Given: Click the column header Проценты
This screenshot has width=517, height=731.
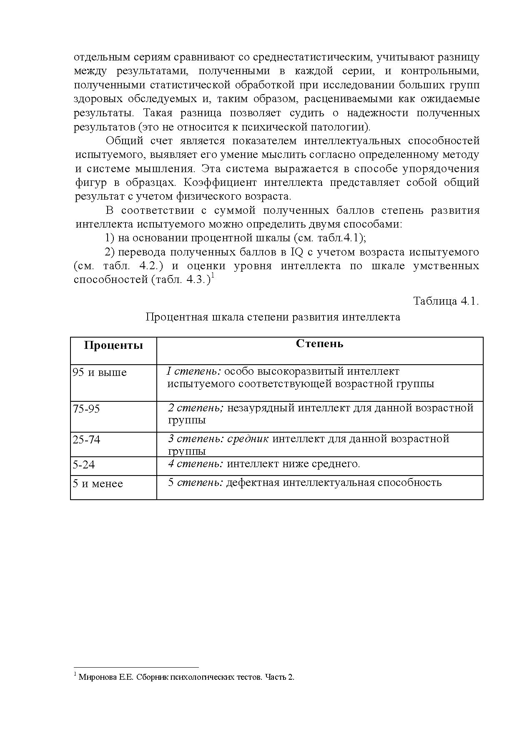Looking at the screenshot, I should pos(113,345).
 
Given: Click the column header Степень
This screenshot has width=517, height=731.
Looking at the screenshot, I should pos(319,344).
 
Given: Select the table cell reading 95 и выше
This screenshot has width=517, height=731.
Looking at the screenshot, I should pos(100,372).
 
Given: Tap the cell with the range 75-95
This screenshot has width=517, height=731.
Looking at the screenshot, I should pos(86,408).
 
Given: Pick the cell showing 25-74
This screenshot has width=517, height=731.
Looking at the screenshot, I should pos(87,440).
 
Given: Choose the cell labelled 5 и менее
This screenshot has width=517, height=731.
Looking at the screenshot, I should pos(98,483).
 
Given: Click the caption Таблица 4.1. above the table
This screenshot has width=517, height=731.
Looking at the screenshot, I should pos(446,301).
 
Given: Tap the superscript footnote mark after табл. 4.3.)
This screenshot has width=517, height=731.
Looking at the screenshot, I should pos(213,275).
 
